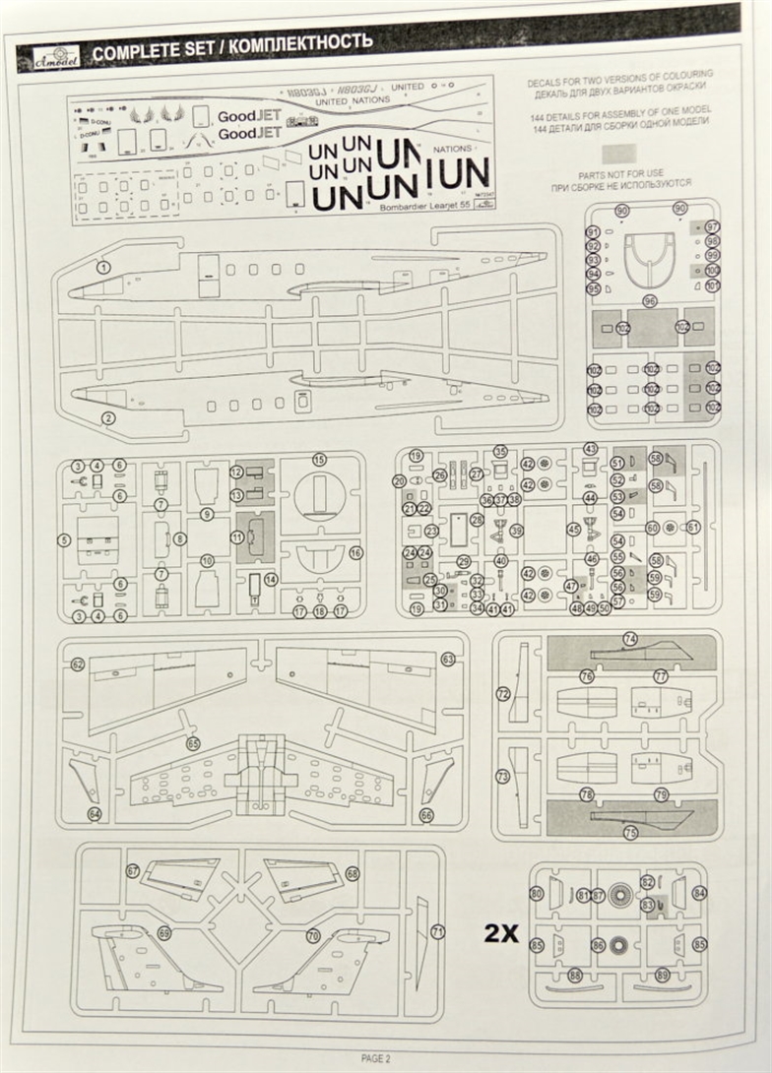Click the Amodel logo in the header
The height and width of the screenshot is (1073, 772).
[x=50, y=56]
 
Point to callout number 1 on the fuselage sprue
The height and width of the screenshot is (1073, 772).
[x=103, y=267]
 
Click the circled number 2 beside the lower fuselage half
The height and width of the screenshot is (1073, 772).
[x=108, y=417]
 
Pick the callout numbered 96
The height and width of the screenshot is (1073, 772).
[x=649, y=300]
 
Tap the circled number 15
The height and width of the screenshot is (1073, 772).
[x=318, y=460]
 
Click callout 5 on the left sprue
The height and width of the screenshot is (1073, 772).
[x=64, y=539]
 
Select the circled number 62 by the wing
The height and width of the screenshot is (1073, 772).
[x=78, y=664]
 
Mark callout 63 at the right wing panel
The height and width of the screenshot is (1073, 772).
[x=448, y=659]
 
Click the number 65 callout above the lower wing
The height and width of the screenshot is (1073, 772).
[x=193, y=744]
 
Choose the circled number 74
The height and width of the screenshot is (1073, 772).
[x=629, y=639]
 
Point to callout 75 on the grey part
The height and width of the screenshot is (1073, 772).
[x=630, y=832]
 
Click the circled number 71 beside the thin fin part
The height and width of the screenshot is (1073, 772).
[x=438, y=931]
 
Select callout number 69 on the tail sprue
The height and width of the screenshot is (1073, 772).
[x=164, y=933]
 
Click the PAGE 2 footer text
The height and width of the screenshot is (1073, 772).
[x=375, y=1058]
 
